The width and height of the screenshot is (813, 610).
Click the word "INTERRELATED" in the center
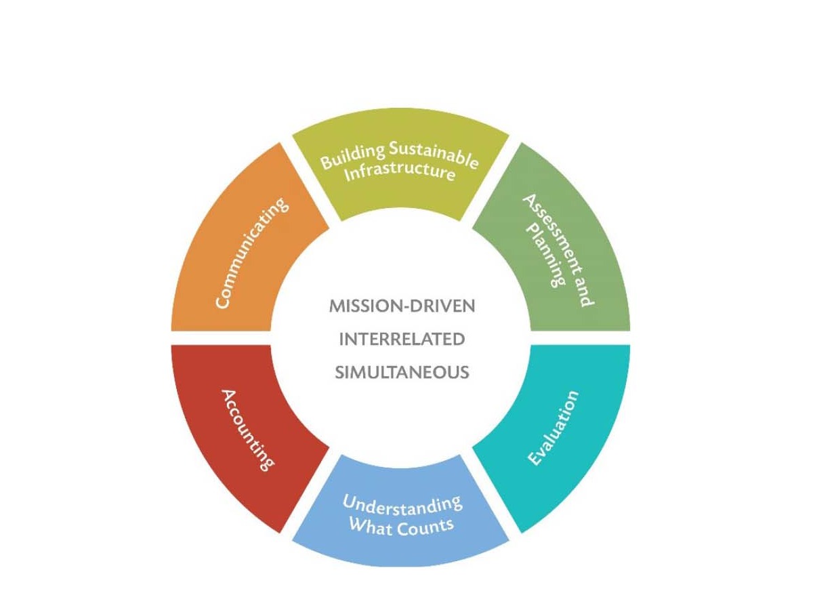pos(402,340)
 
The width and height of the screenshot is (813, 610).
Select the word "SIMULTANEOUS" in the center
pos(402,372)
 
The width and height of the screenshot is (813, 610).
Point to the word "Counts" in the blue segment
pos(425,527)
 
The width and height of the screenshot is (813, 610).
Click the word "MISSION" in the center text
pos(366,306)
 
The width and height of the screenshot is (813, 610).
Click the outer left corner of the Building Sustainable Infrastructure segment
pos(292,136)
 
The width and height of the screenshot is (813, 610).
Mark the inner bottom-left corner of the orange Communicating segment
pos(271,331)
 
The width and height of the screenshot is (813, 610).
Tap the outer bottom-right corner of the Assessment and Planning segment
pos(630,331)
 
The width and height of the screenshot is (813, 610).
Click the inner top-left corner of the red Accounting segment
pos(271,345)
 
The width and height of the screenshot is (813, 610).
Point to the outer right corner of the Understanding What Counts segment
pos(509,540)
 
